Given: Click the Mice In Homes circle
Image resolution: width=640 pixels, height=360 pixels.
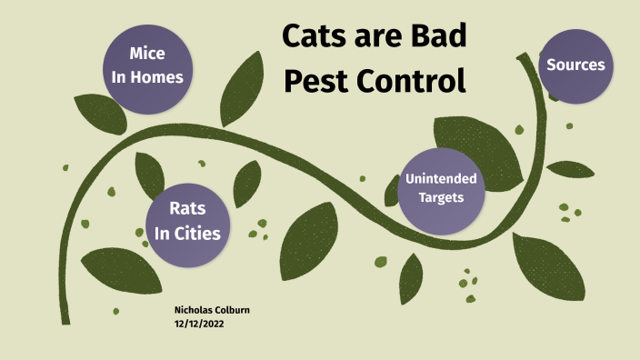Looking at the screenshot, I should pos(147,65).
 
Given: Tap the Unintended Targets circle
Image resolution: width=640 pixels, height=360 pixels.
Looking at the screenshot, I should pos(442,187).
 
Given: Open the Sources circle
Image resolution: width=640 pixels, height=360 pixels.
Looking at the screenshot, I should pos(575,65).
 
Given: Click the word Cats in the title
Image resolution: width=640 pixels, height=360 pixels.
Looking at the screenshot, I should pos(315,36).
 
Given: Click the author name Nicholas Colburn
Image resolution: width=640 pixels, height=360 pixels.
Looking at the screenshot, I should pos(212,310).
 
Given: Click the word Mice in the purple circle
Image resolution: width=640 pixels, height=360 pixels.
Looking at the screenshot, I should pos(147,54).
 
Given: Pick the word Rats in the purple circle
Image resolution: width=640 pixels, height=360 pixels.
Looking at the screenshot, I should pos(186,209).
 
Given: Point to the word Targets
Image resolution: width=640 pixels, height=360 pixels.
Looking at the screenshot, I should pos(441,197).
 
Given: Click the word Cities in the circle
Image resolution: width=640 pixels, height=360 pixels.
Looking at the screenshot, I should pos(198,234).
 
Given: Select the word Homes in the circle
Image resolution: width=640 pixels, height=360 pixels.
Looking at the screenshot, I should pos(159,77).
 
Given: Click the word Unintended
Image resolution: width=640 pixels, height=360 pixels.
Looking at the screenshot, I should pos(442,178).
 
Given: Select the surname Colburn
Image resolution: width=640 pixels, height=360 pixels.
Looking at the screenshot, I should pos(234,310).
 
